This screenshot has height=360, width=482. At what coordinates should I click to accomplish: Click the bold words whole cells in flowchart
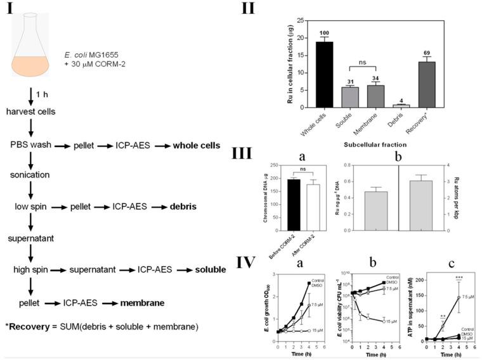pyautogui.click(x=197, y=146)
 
